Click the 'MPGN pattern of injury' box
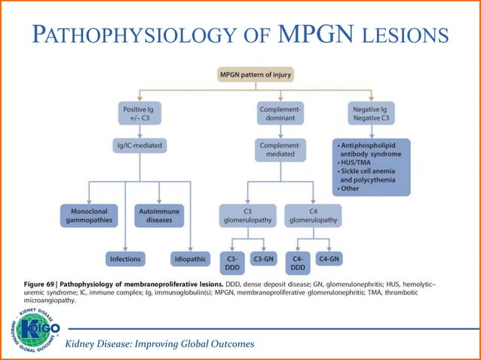(255, 75)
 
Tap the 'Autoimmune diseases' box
(158, 215)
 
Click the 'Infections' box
(125, 259)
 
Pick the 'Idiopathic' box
(190, 259)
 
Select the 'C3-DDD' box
(231, 263)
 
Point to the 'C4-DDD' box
(297, 263)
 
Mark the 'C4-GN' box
(329, 259)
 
